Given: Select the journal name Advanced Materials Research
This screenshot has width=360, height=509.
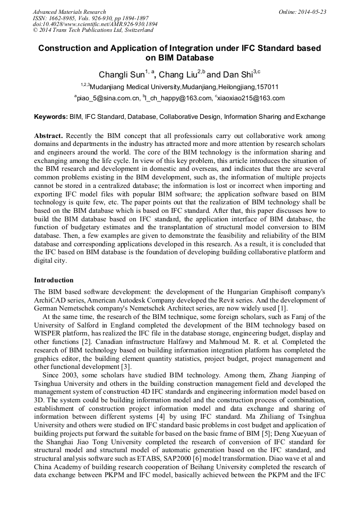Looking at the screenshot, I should click(x=69, y=12).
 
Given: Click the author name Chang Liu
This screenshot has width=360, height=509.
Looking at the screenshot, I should click(x=178, y=75).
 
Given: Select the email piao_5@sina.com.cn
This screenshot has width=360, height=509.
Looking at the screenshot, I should click(x=109, y=98).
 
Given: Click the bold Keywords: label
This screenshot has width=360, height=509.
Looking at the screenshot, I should click(x=51, y=117).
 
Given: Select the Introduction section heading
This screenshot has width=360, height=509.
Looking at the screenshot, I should click(x=54, y=280).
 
